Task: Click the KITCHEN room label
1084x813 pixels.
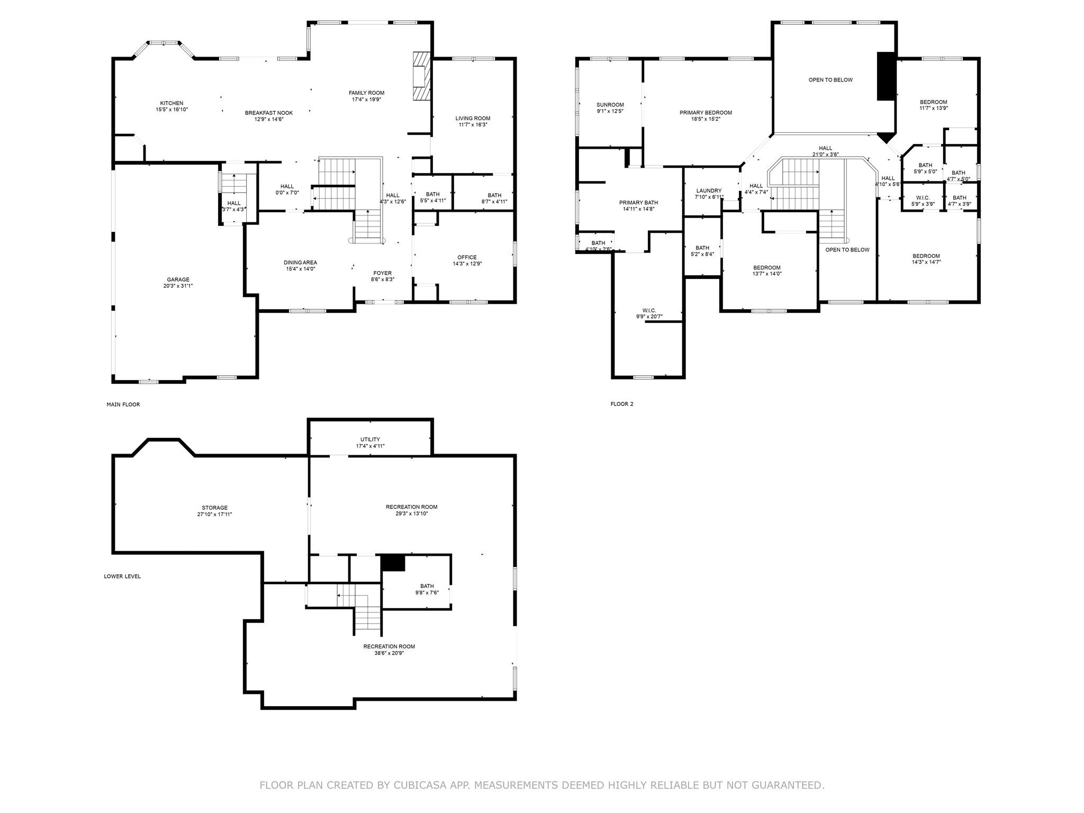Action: [172, 103]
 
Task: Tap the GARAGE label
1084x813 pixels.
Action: [178, 279]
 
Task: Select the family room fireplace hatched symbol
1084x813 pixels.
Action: [422, 76]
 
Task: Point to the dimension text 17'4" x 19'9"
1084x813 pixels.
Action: [366, 100]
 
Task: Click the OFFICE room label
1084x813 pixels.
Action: [467, 257]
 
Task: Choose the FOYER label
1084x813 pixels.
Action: [383, 273]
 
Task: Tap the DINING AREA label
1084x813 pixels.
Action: [301, 263]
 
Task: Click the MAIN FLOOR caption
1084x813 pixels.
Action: [123, 404]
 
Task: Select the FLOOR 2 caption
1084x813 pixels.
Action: [622, 404]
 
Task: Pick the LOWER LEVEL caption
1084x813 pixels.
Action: [122, 576]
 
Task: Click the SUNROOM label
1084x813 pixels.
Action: [610, 105]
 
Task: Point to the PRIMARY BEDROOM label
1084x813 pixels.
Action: [706, 113]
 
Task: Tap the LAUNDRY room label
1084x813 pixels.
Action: [709, 191]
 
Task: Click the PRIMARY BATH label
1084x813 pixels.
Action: [639, 203]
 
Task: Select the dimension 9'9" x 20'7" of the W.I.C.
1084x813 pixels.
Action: [649, 317]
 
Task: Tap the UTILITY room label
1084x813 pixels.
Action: [371, 439]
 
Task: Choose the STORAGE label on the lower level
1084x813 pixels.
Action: [215, 508]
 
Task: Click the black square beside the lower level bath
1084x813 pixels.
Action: [393, 563]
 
